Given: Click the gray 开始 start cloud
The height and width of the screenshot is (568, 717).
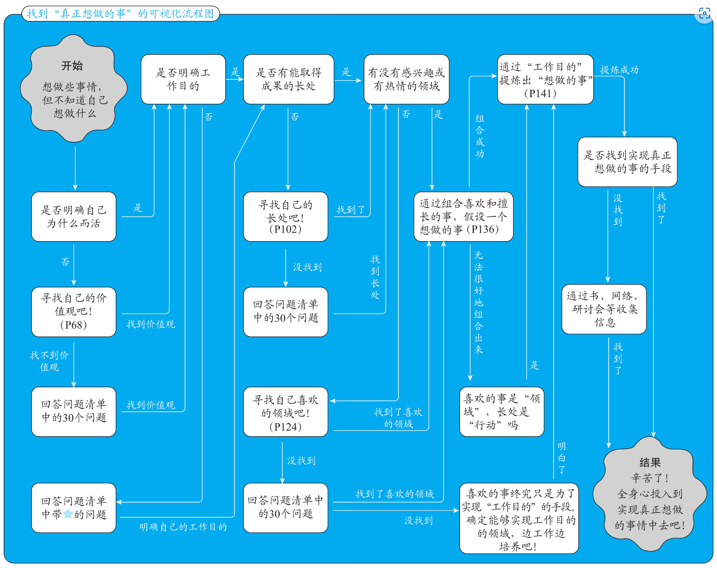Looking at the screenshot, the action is (74, 89).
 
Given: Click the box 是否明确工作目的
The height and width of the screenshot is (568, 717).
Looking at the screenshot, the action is (183, 79).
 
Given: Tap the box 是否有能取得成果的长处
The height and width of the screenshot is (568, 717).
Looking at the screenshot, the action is (289, 79).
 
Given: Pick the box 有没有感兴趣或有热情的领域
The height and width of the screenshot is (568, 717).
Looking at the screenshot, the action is (407, 79).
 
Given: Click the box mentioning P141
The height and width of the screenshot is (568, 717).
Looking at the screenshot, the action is (546, 79).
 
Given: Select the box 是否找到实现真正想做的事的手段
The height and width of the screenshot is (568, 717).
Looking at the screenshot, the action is (628, 162).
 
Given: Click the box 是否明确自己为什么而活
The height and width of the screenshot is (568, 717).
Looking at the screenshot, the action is (74, 217).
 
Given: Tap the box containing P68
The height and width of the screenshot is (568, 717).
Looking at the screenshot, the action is (74, 312).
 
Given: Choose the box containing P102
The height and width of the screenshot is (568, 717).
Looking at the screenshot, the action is (286, 217).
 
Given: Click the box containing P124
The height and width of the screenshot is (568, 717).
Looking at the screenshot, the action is (286, 412).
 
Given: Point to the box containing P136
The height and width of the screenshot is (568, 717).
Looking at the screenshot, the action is (463, 217).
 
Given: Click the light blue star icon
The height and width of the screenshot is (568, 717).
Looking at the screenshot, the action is (68, 514).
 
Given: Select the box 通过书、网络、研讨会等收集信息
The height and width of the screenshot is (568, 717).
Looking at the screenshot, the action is (604, 309).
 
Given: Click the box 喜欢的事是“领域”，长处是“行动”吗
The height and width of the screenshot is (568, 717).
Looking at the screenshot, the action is (502, 412).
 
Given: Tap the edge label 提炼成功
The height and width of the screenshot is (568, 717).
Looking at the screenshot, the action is (619, 70).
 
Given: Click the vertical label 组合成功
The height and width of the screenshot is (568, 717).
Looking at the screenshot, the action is (480, 136).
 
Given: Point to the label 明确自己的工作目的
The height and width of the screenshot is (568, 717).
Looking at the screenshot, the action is (183, 527).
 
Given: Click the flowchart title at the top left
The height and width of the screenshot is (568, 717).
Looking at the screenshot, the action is (120, 14).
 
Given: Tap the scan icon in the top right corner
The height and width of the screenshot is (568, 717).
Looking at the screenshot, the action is (704, 13).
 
